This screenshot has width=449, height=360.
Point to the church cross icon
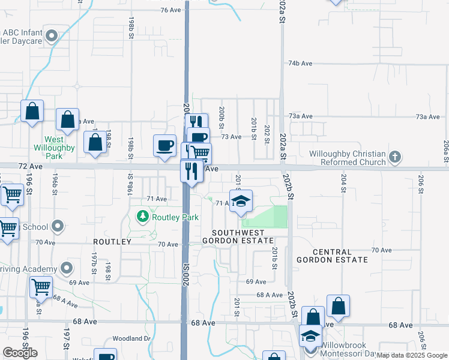394,158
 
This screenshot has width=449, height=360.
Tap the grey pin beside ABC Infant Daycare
52,36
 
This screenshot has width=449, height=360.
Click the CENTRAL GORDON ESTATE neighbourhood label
332,255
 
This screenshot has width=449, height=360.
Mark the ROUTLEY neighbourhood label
112,241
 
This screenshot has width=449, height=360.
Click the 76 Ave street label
171,10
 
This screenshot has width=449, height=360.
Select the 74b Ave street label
301,63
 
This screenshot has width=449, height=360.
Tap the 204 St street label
344,184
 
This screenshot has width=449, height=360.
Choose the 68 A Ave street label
270,295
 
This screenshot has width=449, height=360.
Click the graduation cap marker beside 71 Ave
241,202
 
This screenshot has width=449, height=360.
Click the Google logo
20,353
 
